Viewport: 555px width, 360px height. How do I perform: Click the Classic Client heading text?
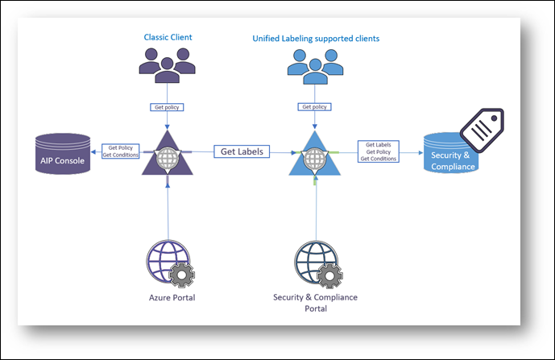(168, 37)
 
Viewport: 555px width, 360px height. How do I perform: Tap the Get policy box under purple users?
(167, 106)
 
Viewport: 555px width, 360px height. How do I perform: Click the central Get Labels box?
(242, 151)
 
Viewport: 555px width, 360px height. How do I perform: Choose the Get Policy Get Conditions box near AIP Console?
(122, 151)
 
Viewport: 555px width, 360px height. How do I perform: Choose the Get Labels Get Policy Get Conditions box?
(379, 151)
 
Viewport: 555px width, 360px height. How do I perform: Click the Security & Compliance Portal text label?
(316, 303)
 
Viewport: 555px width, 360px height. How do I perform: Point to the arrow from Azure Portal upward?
(167, 209)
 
